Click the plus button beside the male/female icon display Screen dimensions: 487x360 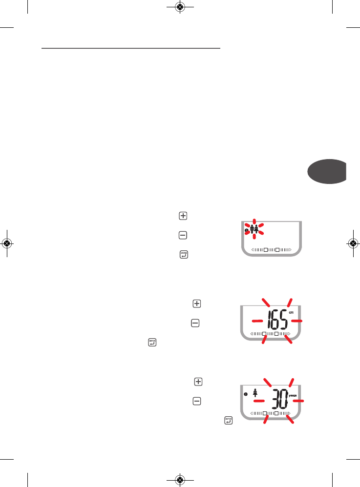point(183,216)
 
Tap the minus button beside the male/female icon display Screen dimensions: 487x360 point(183,235)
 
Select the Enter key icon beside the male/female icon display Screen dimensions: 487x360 point(184,254)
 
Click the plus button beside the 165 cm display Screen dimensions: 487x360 point(196,304)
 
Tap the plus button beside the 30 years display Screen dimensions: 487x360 point(198,381)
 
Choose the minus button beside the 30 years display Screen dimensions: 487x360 point(197,401)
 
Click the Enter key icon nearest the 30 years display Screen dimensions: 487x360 point(228,420)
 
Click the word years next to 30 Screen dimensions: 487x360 point(296,395)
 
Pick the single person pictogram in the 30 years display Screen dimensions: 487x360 point(255,391)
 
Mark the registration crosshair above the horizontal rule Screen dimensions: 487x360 point(180,7)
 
